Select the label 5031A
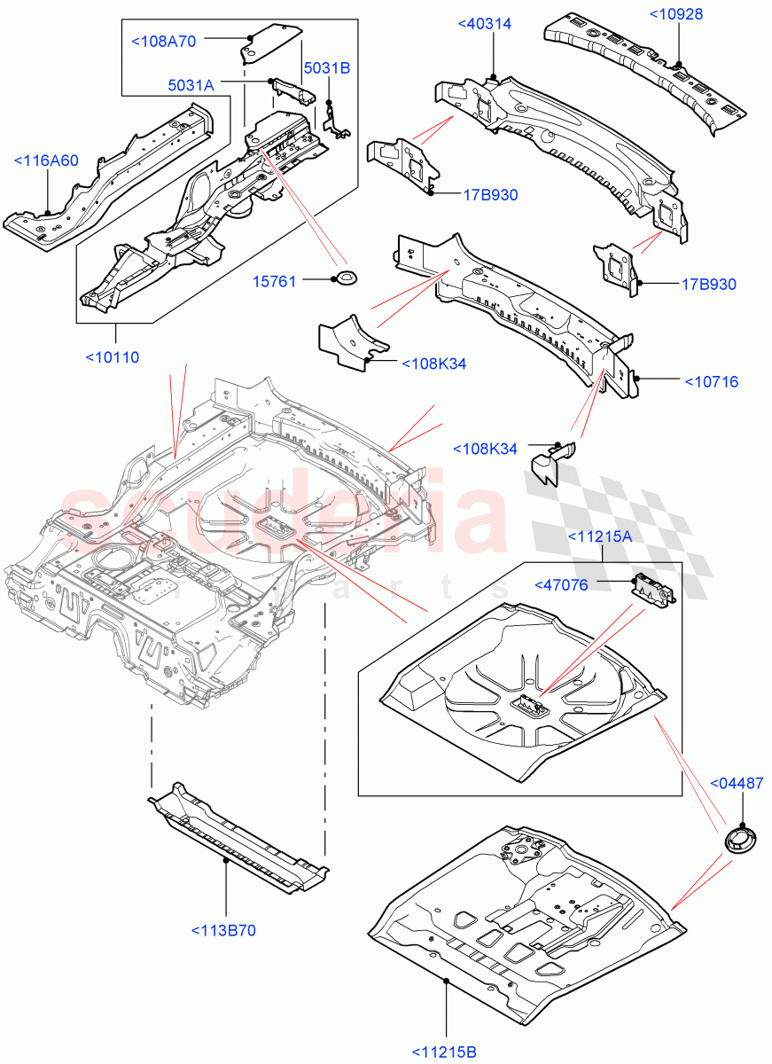coord(191,84)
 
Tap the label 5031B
coord(326,67)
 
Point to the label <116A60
coord(46,160)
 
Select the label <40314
coord(484,24)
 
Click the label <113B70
coord(223,930)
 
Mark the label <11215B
coord(444,1052)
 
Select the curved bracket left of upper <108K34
coord(352,341)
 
